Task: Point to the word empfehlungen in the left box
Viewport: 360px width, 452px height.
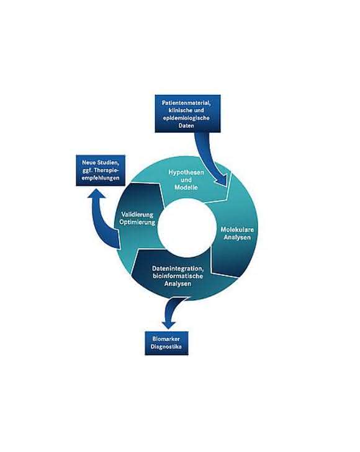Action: (x=101, y=178)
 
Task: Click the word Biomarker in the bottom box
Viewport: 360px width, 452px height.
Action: (x=166, y=339)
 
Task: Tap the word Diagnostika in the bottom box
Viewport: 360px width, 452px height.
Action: (x=166, y=347)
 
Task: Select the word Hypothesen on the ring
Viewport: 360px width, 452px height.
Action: (x=186, y=172)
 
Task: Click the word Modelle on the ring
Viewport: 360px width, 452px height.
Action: (x=186, y=187)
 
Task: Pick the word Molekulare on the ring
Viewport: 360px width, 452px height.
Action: (x=237, y=230)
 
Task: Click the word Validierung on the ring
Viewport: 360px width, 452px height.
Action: (x=137, y=215)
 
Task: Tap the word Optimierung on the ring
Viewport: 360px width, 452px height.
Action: (x=137, y=222)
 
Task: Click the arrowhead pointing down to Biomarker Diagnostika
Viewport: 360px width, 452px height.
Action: (x=169, y=324)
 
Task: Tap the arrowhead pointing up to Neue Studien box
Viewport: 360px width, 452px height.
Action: (x=97, y=194)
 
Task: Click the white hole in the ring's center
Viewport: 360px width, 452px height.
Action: (x=187, y=228)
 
